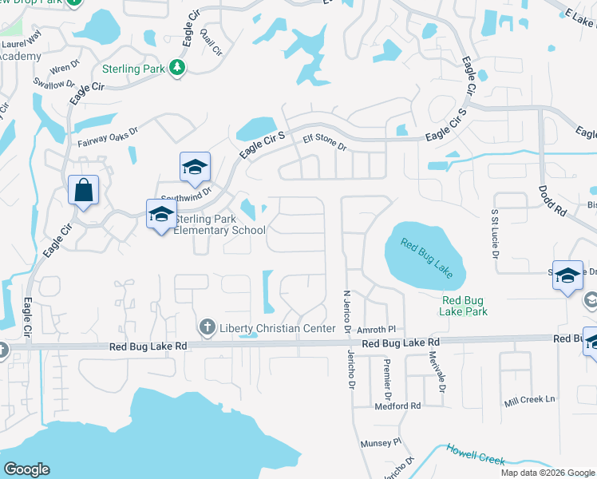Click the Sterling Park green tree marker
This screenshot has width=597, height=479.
pyautogui.click(x=177, y=69)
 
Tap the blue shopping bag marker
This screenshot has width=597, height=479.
pyautogui.click(x=83, y=191)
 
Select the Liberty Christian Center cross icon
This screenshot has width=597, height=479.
pyautogui.click(x=207, y=327)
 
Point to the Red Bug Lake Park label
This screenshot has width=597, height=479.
pyautogui.click(x=464, y=306)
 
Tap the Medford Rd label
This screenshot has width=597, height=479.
pyautogui.click(x=397, y=406)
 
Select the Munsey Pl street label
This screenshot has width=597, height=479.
pyautogui.click(x=381, y=442)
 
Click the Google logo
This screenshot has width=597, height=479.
pyautogui.click(x=26, y=469)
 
